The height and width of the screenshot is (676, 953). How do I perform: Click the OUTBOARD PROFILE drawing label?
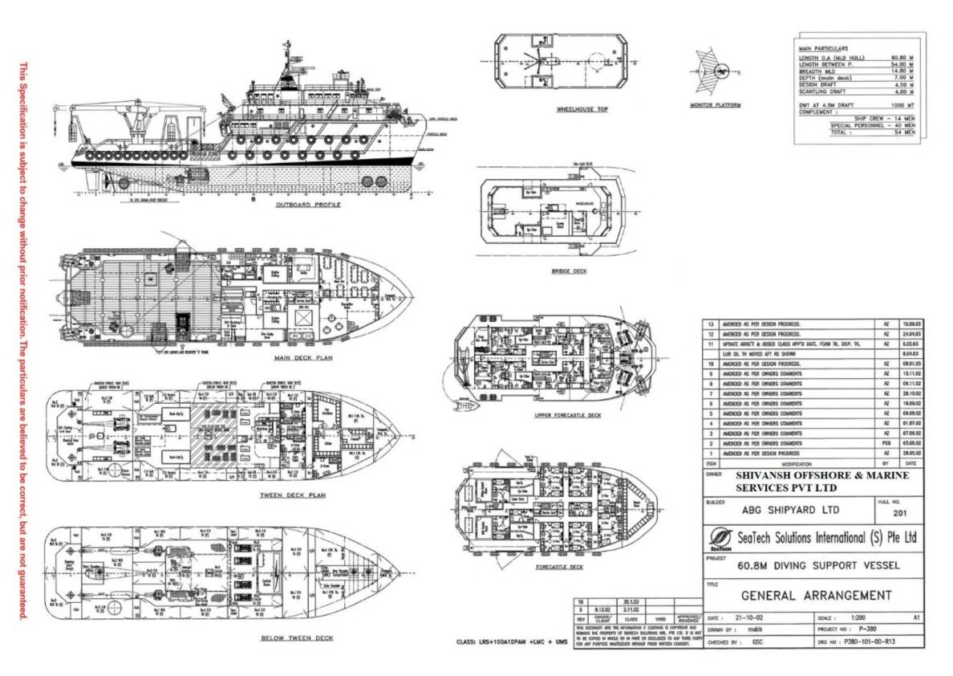pos(308,205)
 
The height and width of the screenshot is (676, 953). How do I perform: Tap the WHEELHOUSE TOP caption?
pos(576,109)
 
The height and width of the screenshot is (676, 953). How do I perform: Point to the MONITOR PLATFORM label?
pos(716,105)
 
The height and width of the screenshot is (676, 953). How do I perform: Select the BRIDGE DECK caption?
pos(569,271)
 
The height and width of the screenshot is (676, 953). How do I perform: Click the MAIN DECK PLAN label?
pos(303,358)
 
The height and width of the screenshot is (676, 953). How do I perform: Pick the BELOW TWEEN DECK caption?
pos(297,638)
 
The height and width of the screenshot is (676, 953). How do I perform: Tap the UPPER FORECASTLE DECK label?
pos(568,415)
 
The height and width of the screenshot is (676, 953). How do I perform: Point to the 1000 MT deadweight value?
pos(902,105)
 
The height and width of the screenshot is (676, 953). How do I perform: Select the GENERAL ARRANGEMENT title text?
pos(816,596)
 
